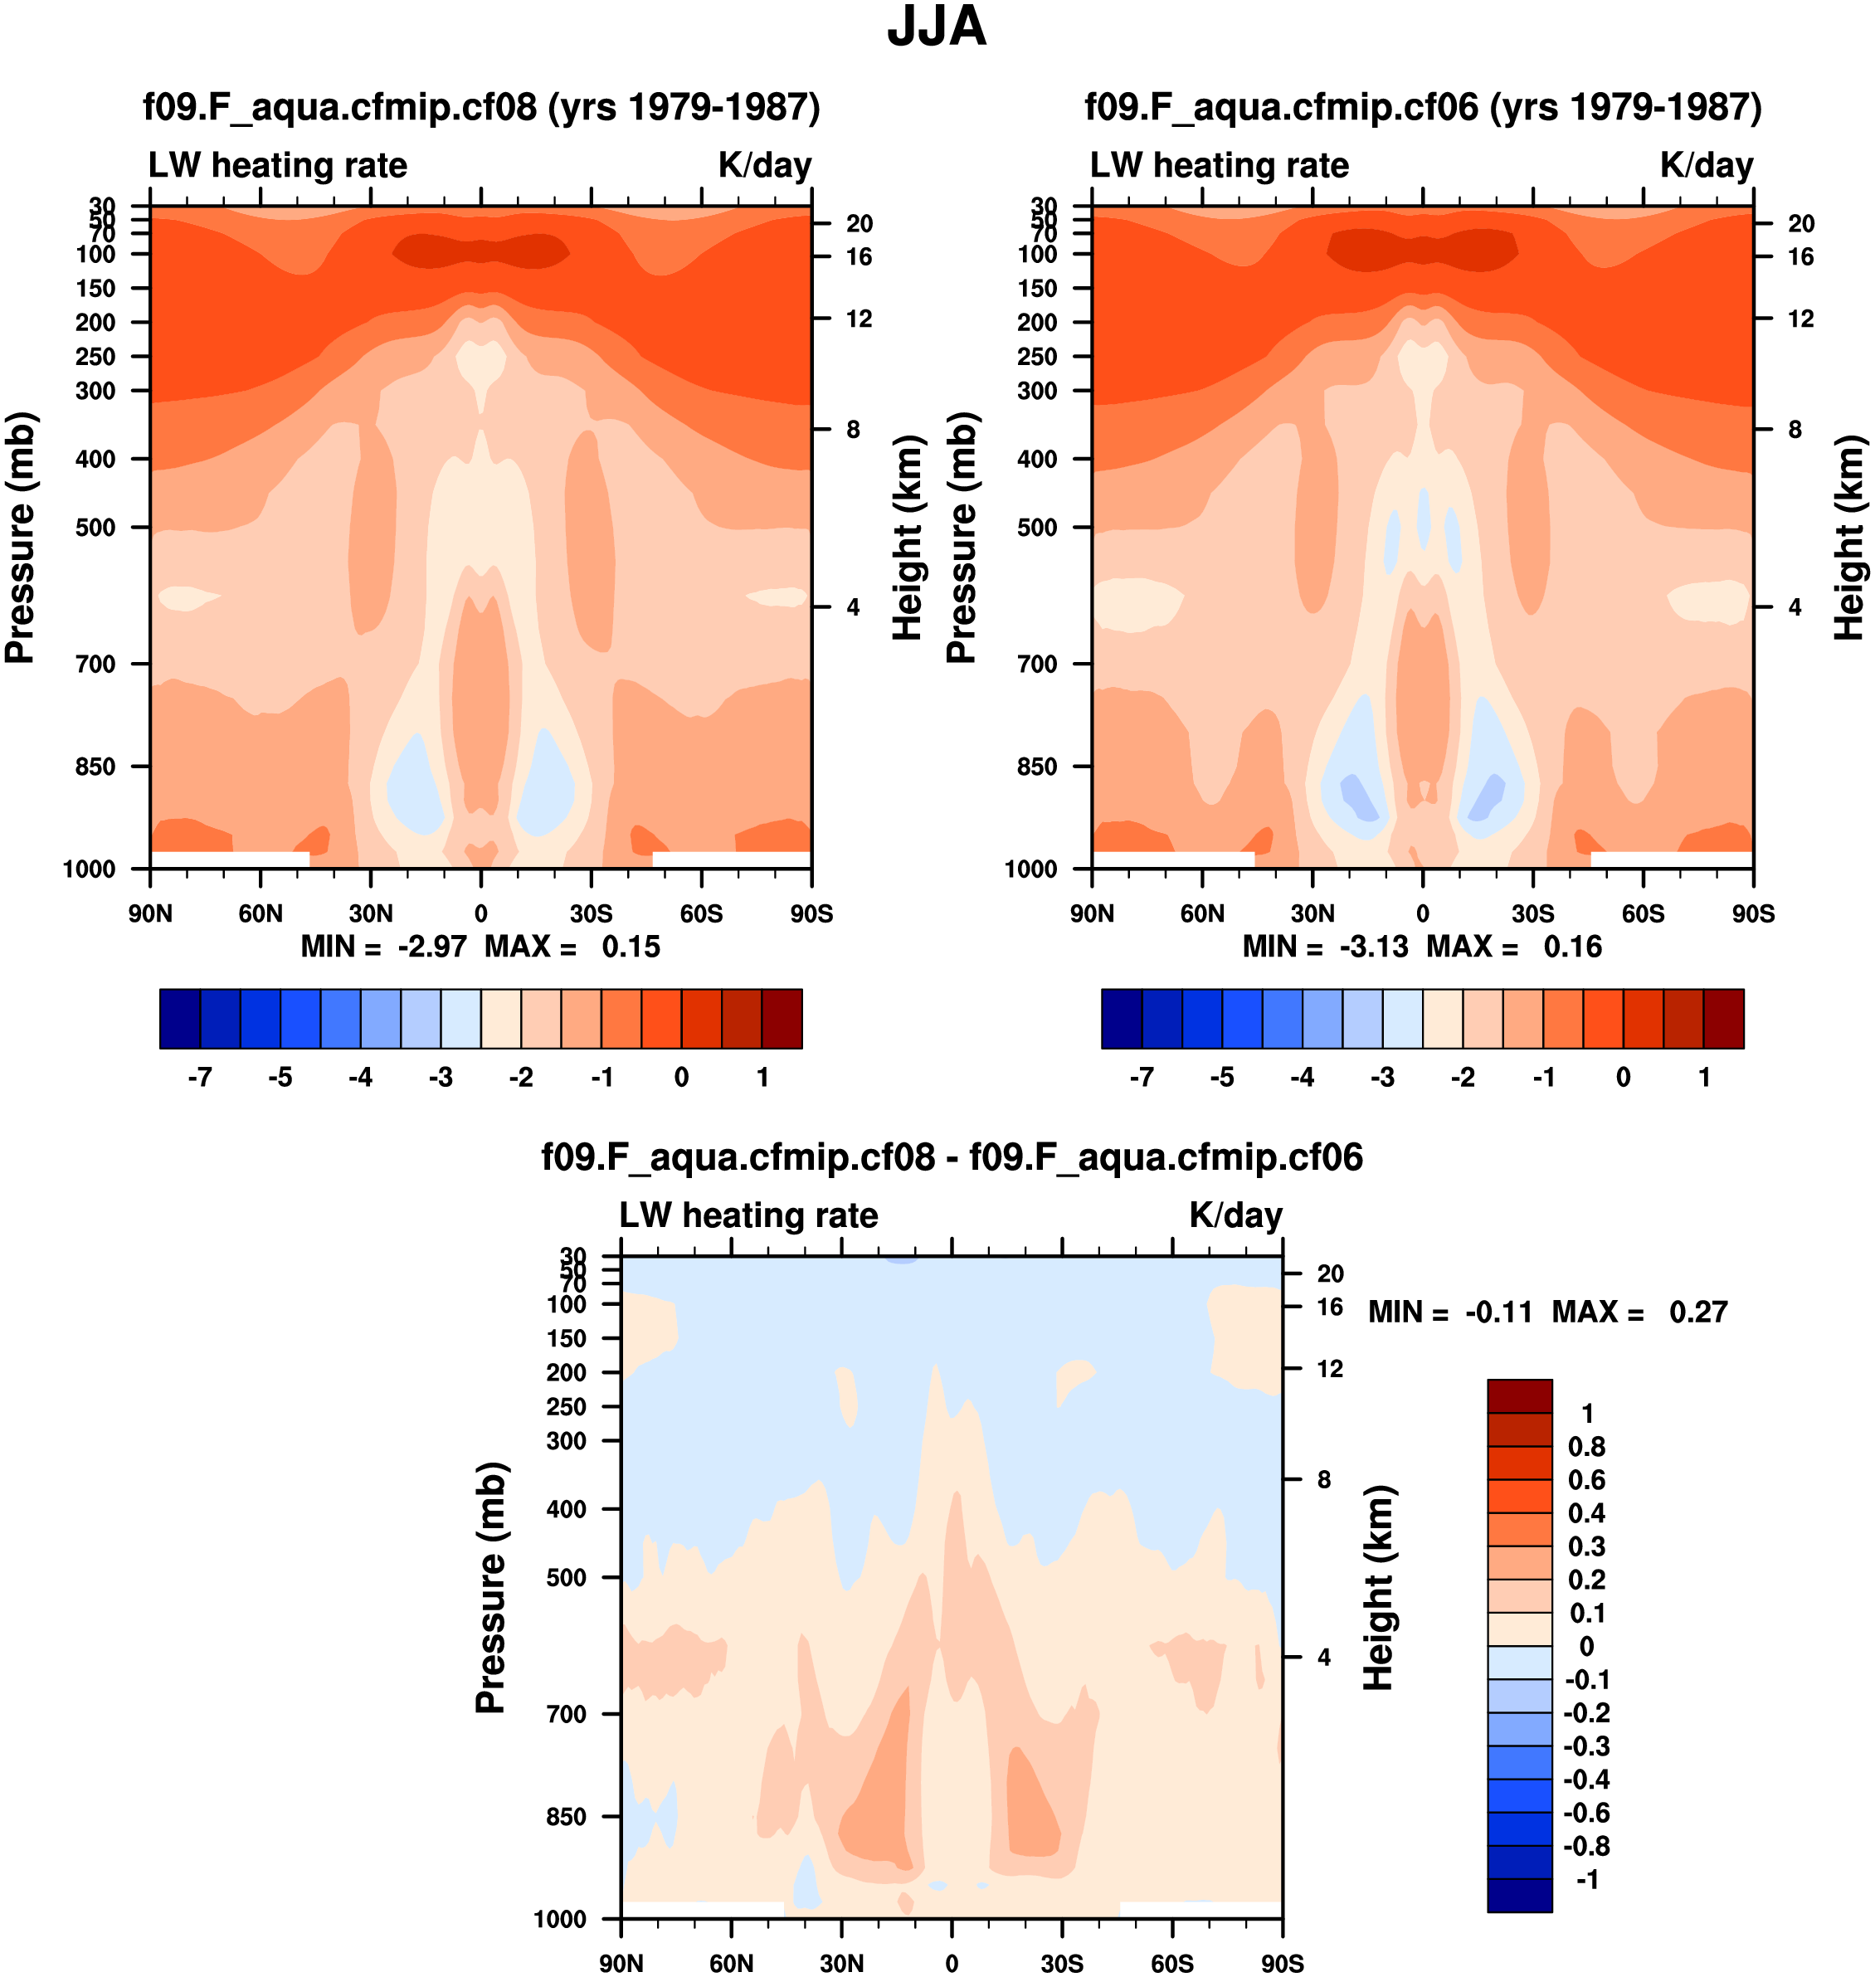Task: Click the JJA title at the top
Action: [x=937, y=28]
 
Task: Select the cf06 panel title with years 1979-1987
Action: [x=1423, y=107]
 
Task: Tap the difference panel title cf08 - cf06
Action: [x=952, y=1157]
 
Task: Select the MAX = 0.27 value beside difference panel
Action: [x=1639, y=1312]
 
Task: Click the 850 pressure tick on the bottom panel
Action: [x=566, y=1816]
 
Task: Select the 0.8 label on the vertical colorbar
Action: [x=1586, y=1446]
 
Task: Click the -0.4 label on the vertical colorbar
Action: [x=1586, y=1779]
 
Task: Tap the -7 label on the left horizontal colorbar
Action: [x=200, y=1078]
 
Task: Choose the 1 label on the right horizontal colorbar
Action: [x=1704, y=1078]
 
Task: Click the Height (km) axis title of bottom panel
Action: [x=1378, y=1587]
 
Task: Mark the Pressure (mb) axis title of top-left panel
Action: [x=20, y=538]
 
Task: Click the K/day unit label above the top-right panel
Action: [x=1706, y=165]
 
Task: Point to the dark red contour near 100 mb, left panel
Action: [x=480, y=249]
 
